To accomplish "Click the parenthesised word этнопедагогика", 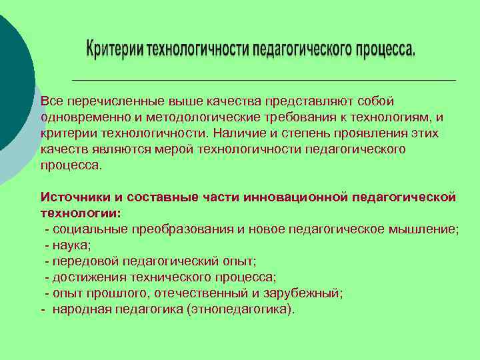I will pos(239,309).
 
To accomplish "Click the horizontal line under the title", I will pos(263,80).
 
